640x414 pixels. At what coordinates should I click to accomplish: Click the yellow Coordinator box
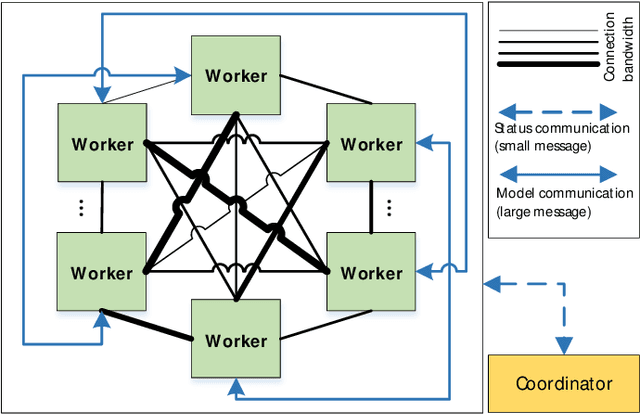562,383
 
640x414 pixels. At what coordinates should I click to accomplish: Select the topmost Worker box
237,75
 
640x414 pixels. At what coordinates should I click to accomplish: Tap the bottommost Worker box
237,340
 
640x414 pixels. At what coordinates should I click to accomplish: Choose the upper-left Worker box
102,144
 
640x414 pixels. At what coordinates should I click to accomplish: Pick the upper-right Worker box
371,144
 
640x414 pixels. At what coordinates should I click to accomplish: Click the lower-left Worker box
102,273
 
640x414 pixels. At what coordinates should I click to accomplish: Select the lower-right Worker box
371,273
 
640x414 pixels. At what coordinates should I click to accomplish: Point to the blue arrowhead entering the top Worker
185,73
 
